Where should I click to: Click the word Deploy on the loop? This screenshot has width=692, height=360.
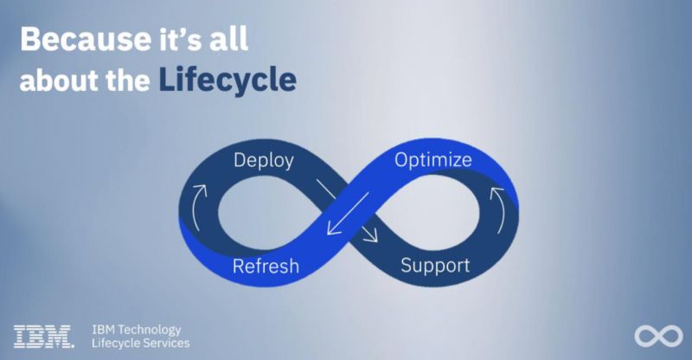click(264, 161)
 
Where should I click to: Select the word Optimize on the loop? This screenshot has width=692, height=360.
click(433, 160)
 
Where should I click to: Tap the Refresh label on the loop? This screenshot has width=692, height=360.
click(266, 265)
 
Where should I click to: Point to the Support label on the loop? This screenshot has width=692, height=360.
click(435, 264)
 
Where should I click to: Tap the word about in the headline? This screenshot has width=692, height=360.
click(54, 80)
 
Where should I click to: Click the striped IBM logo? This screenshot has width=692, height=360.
click(43, 337)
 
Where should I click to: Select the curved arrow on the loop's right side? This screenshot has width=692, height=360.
click(499, 200)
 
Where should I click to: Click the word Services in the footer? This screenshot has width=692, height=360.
click(165, 344)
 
